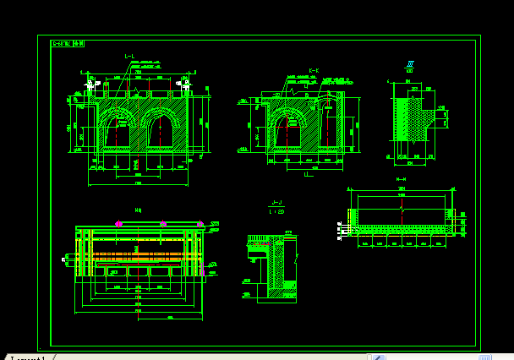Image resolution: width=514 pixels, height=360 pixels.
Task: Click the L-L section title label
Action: point(129,57)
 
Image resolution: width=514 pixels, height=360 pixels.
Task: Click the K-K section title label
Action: point(314,71)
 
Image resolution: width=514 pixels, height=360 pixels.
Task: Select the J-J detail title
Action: point(276,203)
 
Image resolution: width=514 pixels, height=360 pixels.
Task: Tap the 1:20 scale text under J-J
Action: point(276,211)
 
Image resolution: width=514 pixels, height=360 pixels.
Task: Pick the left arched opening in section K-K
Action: point(290,134)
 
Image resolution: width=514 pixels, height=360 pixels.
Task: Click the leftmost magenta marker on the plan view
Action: point(118,223)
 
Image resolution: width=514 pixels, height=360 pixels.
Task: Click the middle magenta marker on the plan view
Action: point(163,223)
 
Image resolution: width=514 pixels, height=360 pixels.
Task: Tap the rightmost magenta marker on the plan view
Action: point(200,223)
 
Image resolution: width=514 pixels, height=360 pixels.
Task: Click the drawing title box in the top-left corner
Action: point(68,42)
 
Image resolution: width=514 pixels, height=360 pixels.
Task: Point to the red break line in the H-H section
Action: point(402,207)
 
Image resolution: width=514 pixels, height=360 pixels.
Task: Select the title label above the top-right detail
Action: point(410,64)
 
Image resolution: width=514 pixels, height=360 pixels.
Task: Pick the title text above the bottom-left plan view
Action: point(138,210)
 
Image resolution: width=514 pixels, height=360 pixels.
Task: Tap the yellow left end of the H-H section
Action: point(353,219)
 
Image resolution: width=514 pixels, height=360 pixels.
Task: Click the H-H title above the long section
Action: point(401,179)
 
